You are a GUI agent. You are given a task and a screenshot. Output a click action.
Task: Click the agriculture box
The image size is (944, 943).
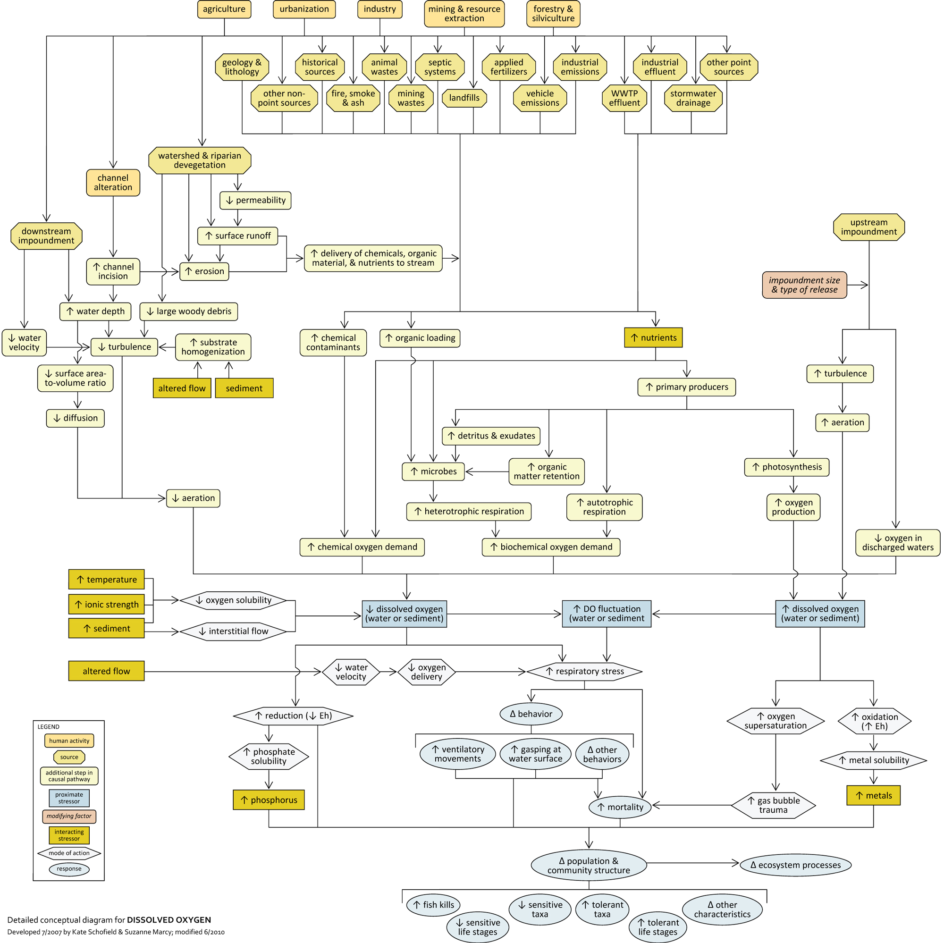(x=224, y=9)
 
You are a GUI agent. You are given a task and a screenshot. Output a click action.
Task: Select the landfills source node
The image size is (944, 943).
(x=464, y=98)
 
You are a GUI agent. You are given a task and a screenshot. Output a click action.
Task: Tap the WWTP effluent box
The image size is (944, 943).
(x=624, y=98)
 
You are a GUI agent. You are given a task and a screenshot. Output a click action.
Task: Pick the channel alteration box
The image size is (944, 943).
(x=113, y=183)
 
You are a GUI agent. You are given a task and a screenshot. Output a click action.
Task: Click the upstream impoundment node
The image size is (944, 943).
(x=869, y=227)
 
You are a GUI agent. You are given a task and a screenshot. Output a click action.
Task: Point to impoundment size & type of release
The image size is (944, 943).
(x=804, y=285)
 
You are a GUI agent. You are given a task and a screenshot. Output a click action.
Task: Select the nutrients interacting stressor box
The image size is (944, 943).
(x=653, y=337)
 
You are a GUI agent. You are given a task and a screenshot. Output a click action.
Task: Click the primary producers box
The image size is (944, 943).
(x=686, y=387)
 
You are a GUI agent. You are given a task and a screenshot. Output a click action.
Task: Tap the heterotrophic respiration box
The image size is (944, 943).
(x=469, y=512)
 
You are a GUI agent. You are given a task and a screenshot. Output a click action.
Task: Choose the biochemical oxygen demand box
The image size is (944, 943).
(x=551, y=547)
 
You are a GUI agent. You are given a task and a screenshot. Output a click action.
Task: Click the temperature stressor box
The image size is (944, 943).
(x=107, y=580)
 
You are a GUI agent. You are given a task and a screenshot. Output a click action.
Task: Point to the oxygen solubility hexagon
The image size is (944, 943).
(x=233, y=600)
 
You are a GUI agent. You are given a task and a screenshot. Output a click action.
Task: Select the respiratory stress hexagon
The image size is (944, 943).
(x=584, y=671)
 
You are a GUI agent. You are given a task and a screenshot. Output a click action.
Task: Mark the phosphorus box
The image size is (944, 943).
(x=269, y=800)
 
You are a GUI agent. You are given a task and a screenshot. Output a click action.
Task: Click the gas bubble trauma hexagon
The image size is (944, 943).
(x=774, y=805)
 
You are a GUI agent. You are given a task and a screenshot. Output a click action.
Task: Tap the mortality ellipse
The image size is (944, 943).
(x=620, y=807)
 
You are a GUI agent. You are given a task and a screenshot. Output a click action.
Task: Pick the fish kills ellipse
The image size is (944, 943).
(x=433, y=905)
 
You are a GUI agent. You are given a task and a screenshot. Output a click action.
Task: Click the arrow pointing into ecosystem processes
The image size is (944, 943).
(x=693, y=863)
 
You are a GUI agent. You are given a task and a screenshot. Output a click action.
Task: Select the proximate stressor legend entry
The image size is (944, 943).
(x=69, y=798)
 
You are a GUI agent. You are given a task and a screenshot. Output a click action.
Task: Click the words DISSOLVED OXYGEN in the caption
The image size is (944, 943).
(x=169, y=919)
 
